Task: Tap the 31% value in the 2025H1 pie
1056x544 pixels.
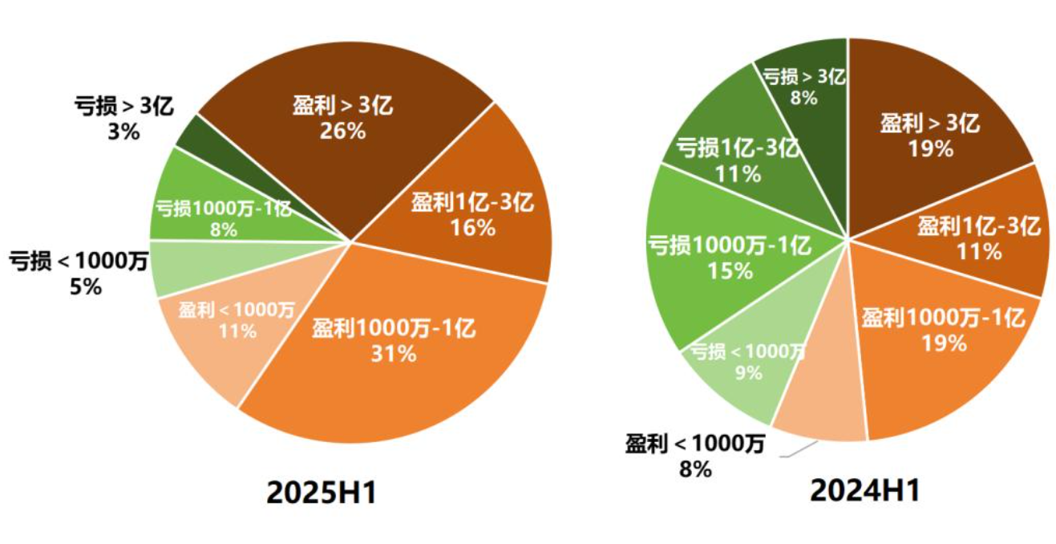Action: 394,353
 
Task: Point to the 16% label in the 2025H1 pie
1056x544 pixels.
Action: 472,228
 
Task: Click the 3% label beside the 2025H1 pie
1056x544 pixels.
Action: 123,131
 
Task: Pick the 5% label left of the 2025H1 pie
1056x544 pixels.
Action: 86,286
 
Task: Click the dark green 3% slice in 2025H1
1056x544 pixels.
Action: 191,137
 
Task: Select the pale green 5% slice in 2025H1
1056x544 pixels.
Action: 172,267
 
